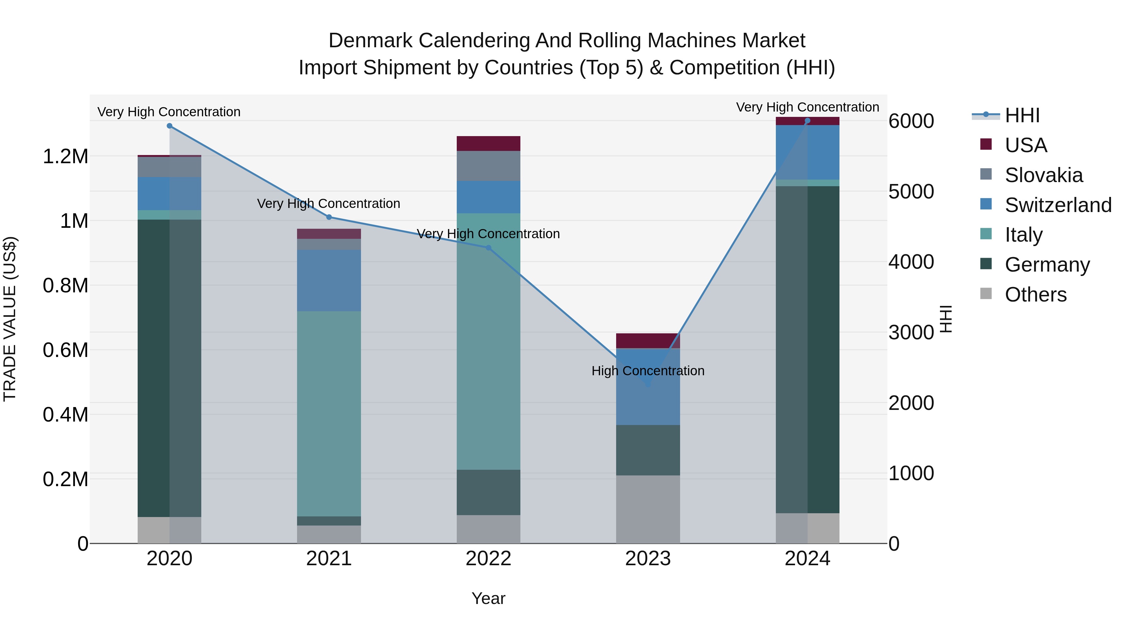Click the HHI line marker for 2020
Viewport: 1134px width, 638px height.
click(x=169, y=126)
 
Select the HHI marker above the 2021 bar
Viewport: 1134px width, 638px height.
click(x=329, y=217)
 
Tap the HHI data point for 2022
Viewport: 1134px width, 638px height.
click(x=488, y=248)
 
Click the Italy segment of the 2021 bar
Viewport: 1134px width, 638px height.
click(x=329, y=414)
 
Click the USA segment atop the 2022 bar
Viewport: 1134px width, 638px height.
click(x=488, y=144)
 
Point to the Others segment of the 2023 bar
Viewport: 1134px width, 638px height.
click(x=648, y=509)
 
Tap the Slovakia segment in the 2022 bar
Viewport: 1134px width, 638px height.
click(x=488, y=166)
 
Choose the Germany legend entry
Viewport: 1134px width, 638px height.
click(x=1047, y=265)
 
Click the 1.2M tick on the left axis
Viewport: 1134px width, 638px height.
click(x=65, y=157)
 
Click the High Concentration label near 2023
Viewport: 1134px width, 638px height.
click(x=648, y=371)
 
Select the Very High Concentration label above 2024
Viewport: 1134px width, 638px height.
click(x=807, y=107)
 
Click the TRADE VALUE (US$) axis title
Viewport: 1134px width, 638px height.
click(x=10, y=319)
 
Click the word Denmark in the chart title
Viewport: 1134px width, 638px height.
click(x=371, y=41)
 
